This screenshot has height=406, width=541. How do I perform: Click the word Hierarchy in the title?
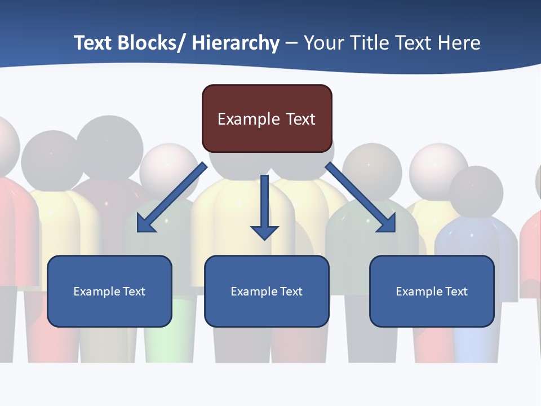click(x=236, y=43)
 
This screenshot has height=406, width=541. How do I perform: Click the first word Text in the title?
click(x=94, y=43)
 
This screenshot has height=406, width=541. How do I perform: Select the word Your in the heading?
click(x=323, y=43)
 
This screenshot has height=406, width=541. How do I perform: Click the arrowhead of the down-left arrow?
click(x=145, y=224)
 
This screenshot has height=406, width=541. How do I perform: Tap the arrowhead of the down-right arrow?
click(x=387, y=224)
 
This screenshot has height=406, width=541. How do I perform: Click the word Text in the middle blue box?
click(x=291, y=292)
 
